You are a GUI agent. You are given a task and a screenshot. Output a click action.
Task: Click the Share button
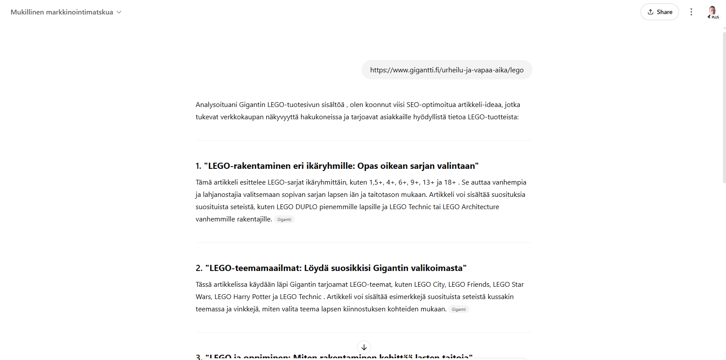(659, 12)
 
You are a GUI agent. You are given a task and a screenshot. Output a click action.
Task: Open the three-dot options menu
(691, 12)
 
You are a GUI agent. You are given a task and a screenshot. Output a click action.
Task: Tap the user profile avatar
(712, 11)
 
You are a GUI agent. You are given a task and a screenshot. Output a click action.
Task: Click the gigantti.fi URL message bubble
(447, 70)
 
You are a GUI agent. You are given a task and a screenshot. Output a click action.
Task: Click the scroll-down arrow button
(364, 347)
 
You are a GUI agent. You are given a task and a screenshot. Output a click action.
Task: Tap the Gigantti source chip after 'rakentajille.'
(284, 220)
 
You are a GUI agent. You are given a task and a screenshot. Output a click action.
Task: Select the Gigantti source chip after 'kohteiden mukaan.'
(458, 310)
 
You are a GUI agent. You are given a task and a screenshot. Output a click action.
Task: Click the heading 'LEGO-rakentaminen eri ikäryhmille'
(336, 166)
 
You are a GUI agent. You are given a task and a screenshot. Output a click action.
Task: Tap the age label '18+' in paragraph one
(450, 182)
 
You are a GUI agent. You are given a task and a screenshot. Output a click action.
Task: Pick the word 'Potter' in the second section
(261, 297)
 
